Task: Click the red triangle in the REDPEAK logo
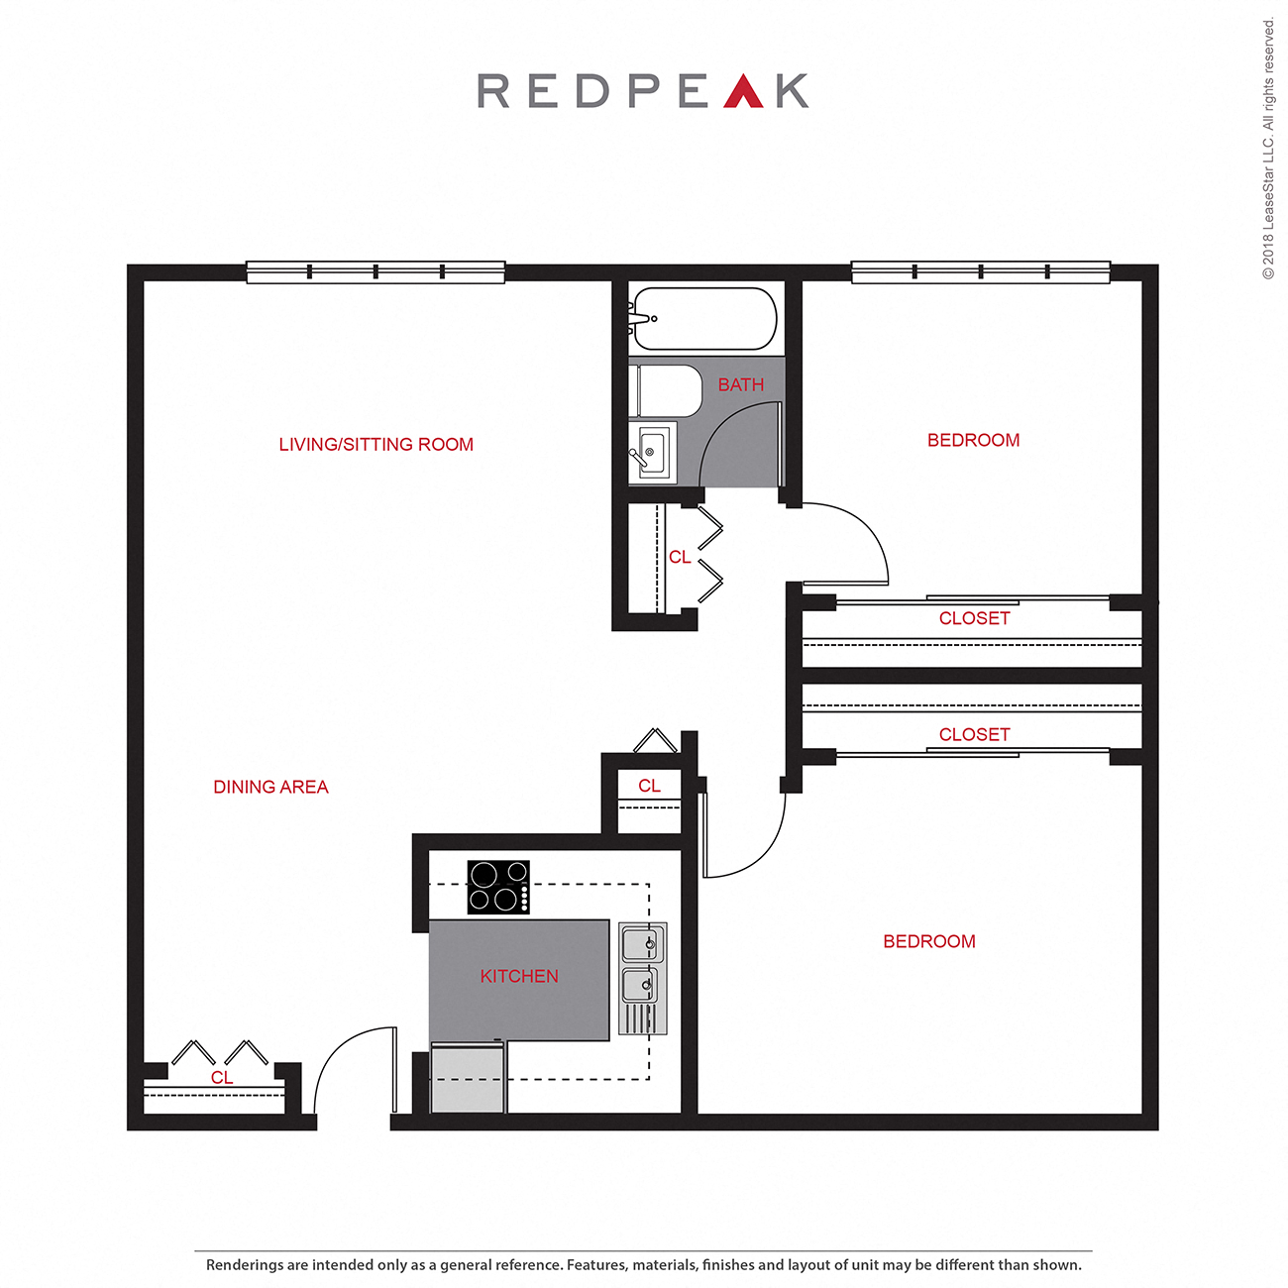743,92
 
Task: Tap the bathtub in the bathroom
704,318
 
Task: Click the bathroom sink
653,453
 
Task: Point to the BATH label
740,384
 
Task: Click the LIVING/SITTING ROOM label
376,445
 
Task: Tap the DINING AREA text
270,787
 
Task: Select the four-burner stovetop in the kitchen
498,887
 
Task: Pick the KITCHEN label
519,976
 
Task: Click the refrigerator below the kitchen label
469,1078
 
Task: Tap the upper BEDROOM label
973,440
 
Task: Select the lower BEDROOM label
928,941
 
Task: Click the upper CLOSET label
974,618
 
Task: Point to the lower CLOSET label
974,734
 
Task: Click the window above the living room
376,271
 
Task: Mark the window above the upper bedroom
980,271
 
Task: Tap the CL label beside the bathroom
680,557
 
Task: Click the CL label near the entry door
222,1077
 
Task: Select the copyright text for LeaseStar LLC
1268,149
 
